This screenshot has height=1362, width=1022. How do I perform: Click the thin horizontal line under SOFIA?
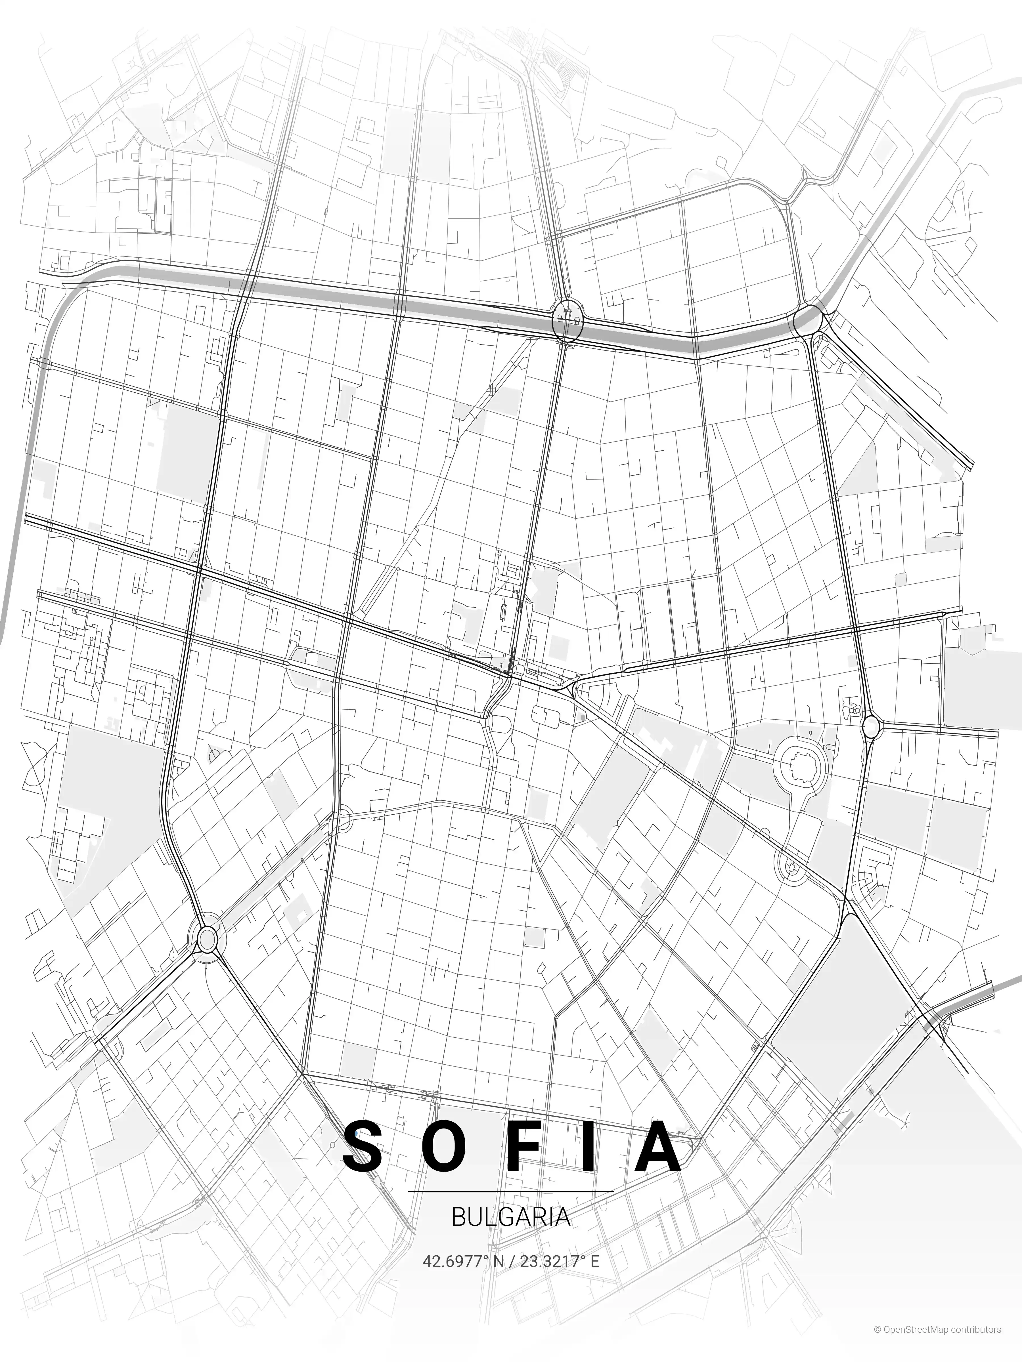pyautogui.click(x=511, y=1192)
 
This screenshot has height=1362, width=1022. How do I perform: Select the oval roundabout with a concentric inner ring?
pyautogui.click(x=208, y=939)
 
